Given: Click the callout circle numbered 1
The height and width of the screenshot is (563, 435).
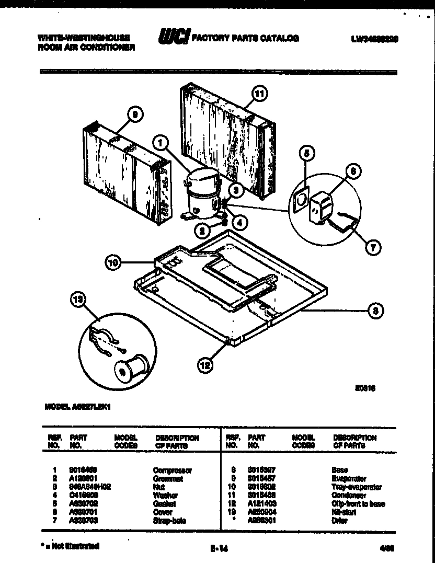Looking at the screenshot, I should click(x=162, y=142).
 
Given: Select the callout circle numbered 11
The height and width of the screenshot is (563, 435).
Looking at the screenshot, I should click(x=259, y=94).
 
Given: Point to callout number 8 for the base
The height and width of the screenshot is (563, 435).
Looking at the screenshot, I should click(x=376, y=311).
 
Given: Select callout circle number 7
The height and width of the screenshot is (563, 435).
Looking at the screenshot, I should click(x=372, y=249).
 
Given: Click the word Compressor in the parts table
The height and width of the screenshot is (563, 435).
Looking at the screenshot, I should click(x=172, y=470).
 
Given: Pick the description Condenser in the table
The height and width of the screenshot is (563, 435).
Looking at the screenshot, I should click(x=349, y=495).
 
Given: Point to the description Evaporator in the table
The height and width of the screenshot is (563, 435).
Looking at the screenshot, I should click(x=349, y=478).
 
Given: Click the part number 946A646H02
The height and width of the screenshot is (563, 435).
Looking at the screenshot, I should click(x=90, y=487).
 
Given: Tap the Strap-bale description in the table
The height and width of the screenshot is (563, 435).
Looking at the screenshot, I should click(x=169, y=520).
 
